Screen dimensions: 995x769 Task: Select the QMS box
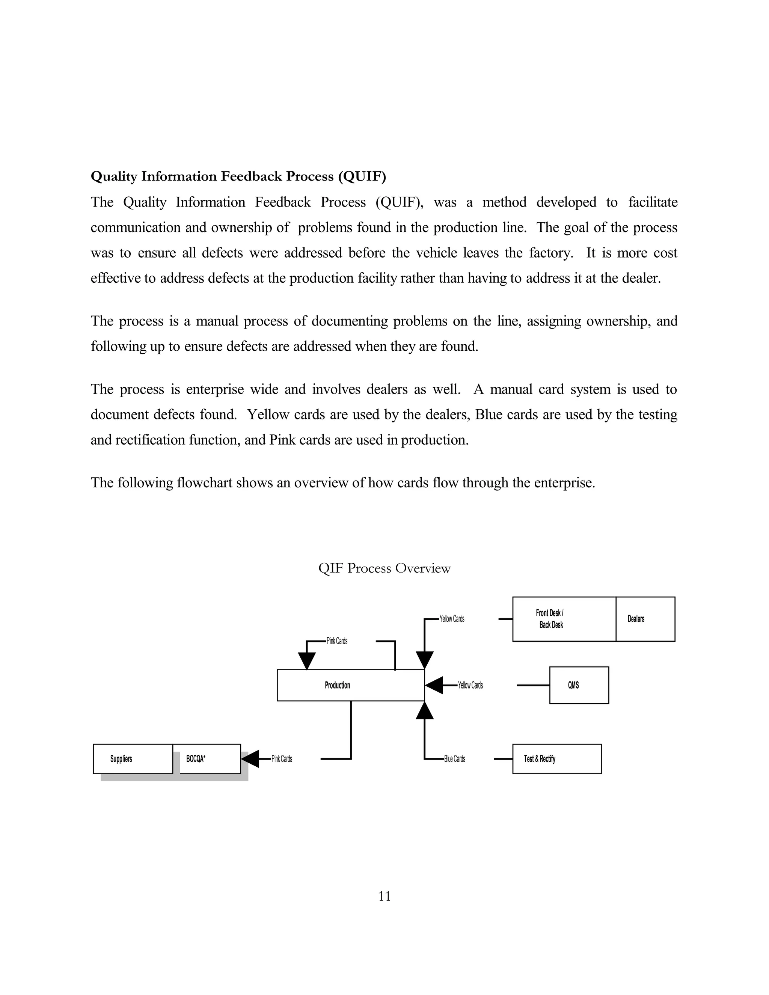579,685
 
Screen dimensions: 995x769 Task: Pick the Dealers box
645,619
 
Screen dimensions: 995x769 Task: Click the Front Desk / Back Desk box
564,619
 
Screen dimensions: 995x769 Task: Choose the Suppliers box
133,759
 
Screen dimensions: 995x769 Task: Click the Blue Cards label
455,759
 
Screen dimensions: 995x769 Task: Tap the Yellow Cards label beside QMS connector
470,685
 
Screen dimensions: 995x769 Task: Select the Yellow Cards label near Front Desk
452,619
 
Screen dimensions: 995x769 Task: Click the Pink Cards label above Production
337,641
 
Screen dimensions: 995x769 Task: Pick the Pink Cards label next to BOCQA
282,759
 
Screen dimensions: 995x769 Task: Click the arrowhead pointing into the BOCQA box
250,759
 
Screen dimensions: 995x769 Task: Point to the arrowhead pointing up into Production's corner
425,711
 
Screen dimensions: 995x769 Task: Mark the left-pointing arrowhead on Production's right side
434,685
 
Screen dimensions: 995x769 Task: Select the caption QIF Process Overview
384,568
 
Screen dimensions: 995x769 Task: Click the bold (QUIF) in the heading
362,176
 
